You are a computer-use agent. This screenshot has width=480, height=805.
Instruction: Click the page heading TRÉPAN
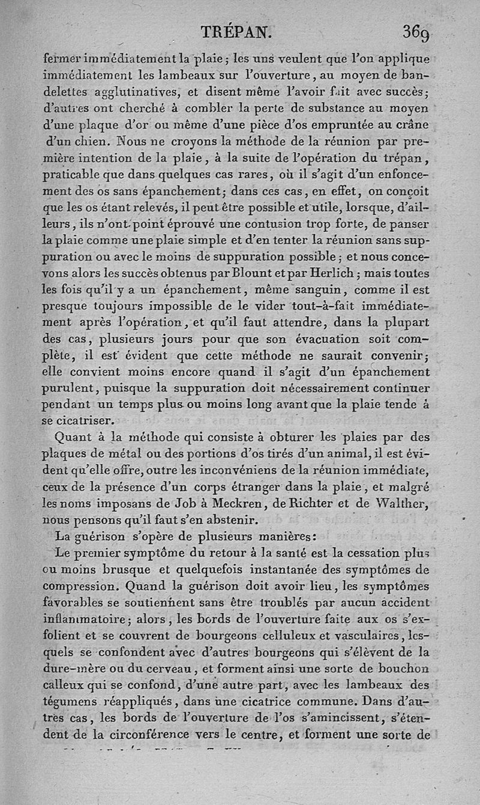point(237,32)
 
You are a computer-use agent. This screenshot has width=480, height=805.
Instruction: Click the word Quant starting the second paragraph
point(76,436)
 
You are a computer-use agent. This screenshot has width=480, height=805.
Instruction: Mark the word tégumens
point(73,700)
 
